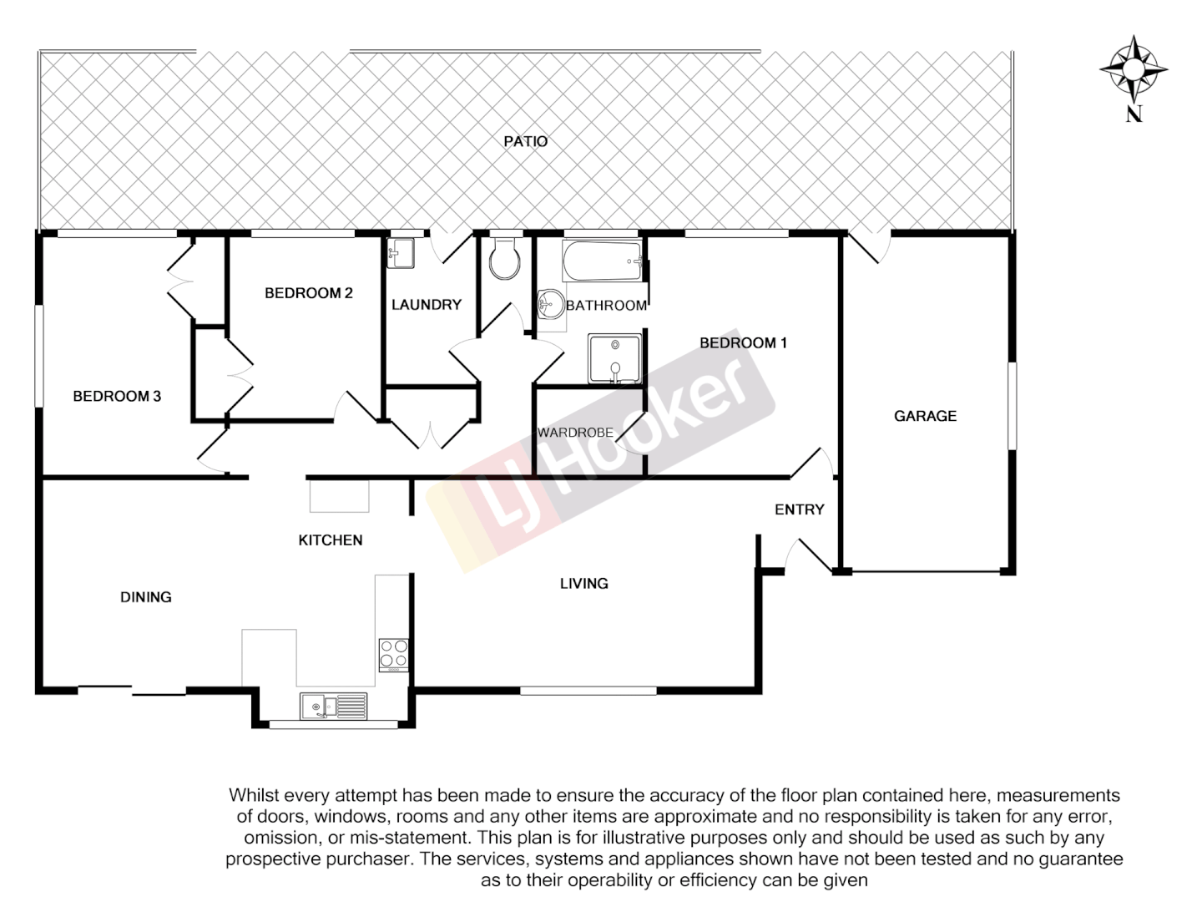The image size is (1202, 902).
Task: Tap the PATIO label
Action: pos(525,141)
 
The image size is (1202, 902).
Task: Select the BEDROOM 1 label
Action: pos(743,342)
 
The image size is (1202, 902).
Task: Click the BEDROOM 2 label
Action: pos(308,292)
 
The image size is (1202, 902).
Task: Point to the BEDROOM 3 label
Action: pos(117,396)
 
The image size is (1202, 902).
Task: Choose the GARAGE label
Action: pos(925,415)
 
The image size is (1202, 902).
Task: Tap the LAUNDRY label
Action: pos(426,305)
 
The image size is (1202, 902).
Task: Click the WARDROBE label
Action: pos(575,433)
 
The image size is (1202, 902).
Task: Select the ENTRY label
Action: pos(799,509)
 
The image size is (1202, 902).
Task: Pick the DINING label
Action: pos(146,596)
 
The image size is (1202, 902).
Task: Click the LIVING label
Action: pos(583,583)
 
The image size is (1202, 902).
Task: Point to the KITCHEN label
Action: pos(331,540)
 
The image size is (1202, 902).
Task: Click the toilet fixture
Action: pos(504,259)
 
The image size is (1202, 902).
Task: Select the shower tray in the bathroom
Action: pos(615,358)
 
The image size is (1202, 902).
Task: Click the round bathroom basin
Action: pos(549,304)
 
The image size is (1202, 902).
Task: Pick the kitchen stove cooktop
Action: pos(393,654)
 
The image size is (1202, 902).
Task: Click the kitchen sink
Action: pos(333,707)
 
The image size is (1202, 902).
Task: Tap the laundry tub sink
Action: pos(401,253)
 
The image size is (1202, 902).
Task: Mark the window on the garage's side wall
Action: pos(1012,405)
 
